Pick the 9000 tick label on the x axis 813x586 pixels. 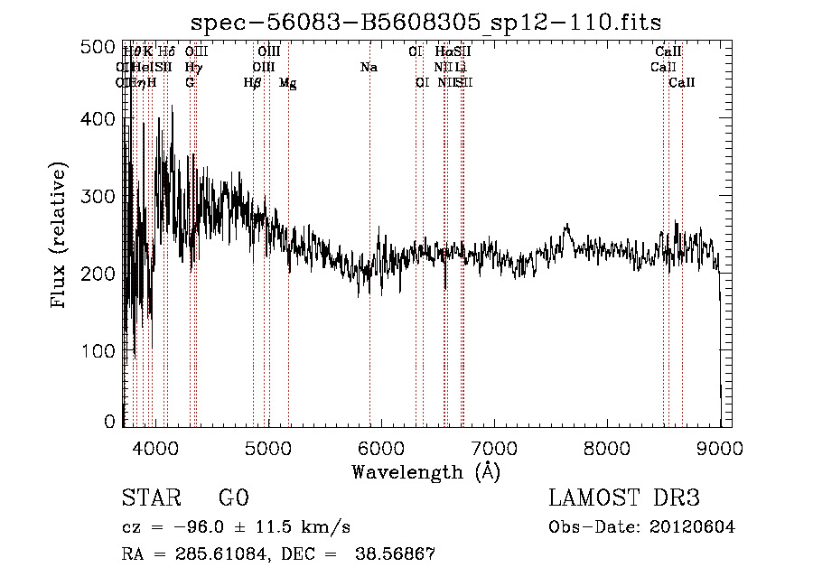point(719,447)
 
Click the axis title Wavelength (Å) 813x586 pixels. point(425,471)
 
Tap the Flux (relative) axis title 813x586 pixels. point(61,236)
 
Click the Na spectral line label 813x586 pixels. point(369,68)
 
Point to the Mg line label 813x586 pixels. point(287,83)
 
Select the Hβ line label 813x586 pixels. point(252,83)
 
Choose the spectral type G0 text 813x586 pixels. point(233,498)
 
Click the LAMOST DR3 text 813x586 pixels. point(624,498)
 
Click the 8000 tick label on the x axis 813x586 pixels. point(606,447)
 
